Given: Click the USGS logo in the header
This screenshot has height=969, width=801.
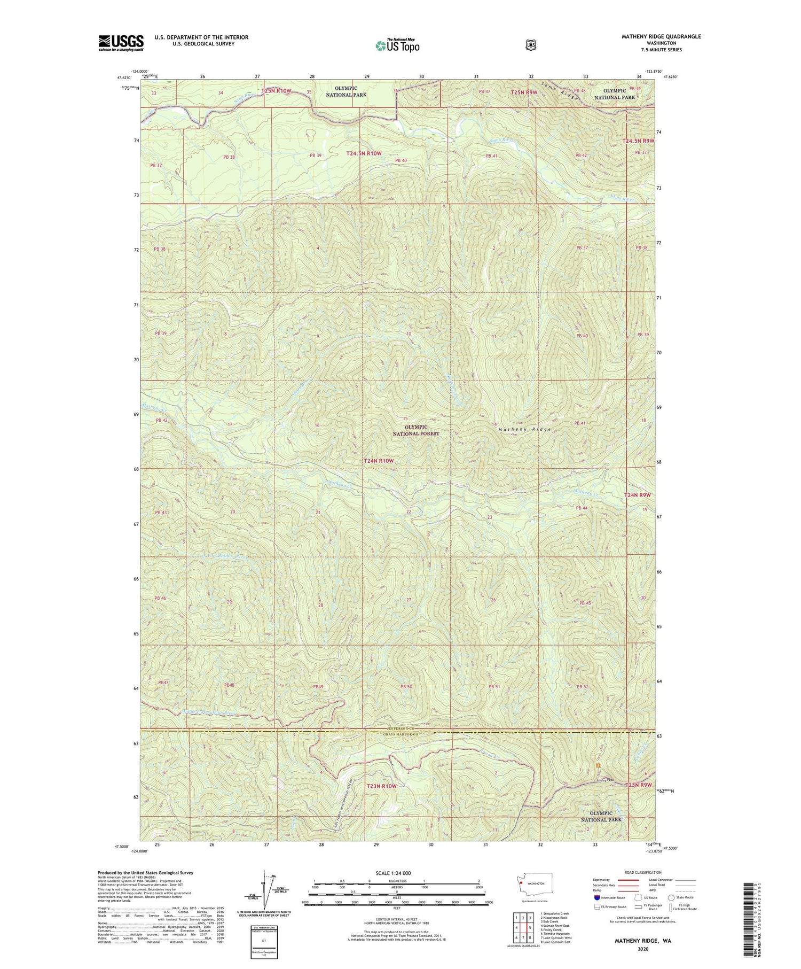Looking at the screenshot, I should (x=121, y=43).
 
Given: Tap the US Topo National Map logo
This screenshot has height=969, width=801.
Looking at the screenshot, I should (x=397, y=45).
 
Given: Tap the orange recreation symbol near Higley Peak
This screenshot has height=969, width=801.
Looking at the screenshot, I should (x=598, y=766).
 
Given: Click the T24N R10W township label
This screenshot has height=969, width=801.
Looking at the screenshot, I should (x=379, y=461).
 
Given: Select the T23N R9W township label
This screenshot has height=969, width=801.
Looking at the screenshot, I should (x=639, y=785).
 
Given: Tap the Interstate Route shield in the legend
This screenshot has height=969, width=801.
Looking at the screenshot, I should (x=596, y=897).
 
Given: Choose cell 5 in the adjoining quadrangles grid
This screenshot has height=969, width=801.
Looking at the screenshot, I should (x=530, y=913).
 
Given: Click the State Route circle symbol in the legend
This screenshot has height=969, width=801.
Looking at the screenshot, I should (x=671, y=897).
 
